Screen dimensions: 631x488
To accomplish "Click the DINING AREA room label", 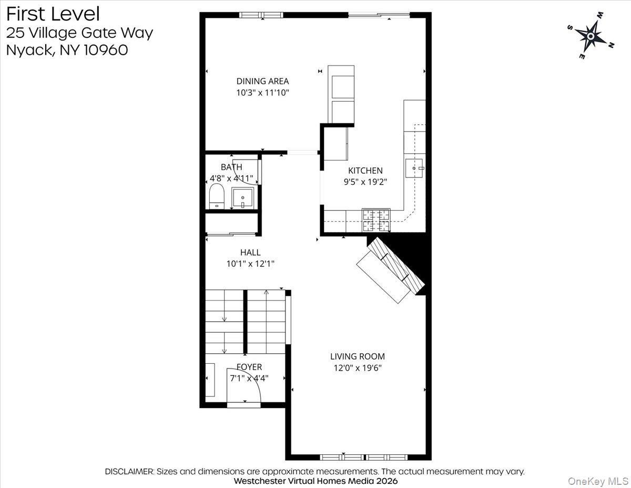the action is pyautogui.click(x=262, y=81).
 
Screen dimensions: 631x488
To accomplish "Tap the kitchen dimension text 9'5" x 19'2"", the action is pyautogui.click(x=365, y=182).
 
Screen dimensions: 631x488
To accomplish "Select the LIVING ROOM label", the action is pyautogui.click(x=358, y=356).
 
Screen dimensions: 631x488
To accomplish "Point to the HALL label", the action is pyautogui.click(x=250, y=252).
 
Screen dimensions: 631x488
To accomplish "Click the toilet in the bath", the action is pyautogui.click(x=217, y=196).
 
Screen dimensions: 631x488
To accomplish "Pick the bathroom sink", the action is pyautogui.click(x=243, y=198).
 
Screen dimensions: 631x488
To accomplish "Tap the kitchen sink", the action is pyautogui.click(x=414, y=168).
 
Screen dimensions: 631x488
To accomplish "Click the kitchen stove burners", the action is pyautogui.click(x=376, y=220).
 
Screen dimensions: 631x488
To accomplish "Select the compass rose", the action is pyautogui.click(x=590, y=36).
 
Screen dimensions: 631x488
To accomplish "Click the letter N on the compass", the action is pyautogui.click(x=610, y=45).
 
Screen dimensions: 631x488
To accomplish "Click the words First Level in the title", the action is pyautogui.click(x=53, y=14).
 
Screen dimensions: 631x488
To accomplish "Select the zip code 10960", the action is pyautogui.click(x=106, y=50).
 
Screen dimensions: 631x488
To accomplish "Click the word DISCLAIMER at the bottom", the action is pyautogui.click(x=129, y=472).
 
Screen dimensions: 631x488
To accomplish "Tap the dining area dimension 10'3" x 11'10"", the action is pyautogui.click(x=262, y=93).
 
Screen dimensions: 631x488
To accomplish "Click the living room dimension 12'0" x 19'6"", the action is pyautogui.click(x=358, y=368).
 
